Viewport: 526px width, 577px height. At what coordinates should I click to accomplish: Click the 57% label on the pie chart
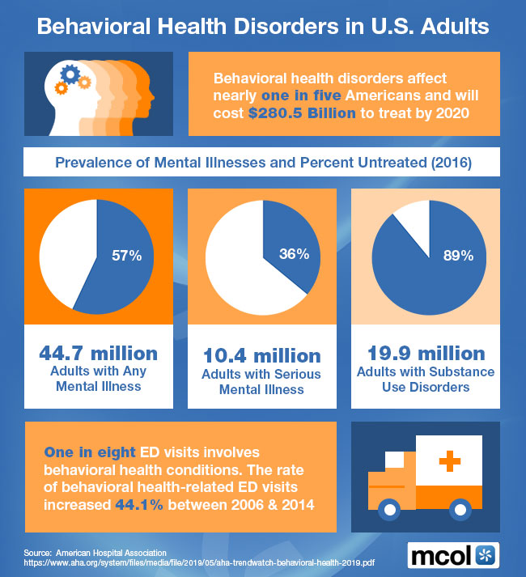tap(126, 256)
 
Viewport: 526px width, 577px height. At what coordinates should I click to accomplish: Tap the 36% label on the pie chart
tap(294, 253)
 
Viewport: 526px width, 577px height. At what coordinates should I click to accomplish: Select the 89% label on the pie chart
tap(457, 256)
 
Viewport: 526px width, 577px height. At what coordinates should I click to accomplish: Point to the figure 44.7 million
tap(99, 354)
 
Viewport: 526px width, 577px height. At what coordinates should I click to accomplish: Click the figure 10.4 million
tap(262, 354)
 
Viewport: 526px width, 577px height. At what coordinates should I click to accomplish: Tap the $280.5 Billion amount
tap(301, 112)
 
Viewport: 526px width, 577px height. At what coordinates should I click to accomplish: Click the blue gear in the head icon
tap(70, 75)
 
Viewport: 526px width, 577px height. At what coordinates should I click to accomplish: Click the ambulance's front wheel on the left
tap(390, 510)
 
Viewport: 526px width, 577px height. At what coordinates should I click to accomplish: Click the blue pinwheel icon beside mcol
tap(487, 555)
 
